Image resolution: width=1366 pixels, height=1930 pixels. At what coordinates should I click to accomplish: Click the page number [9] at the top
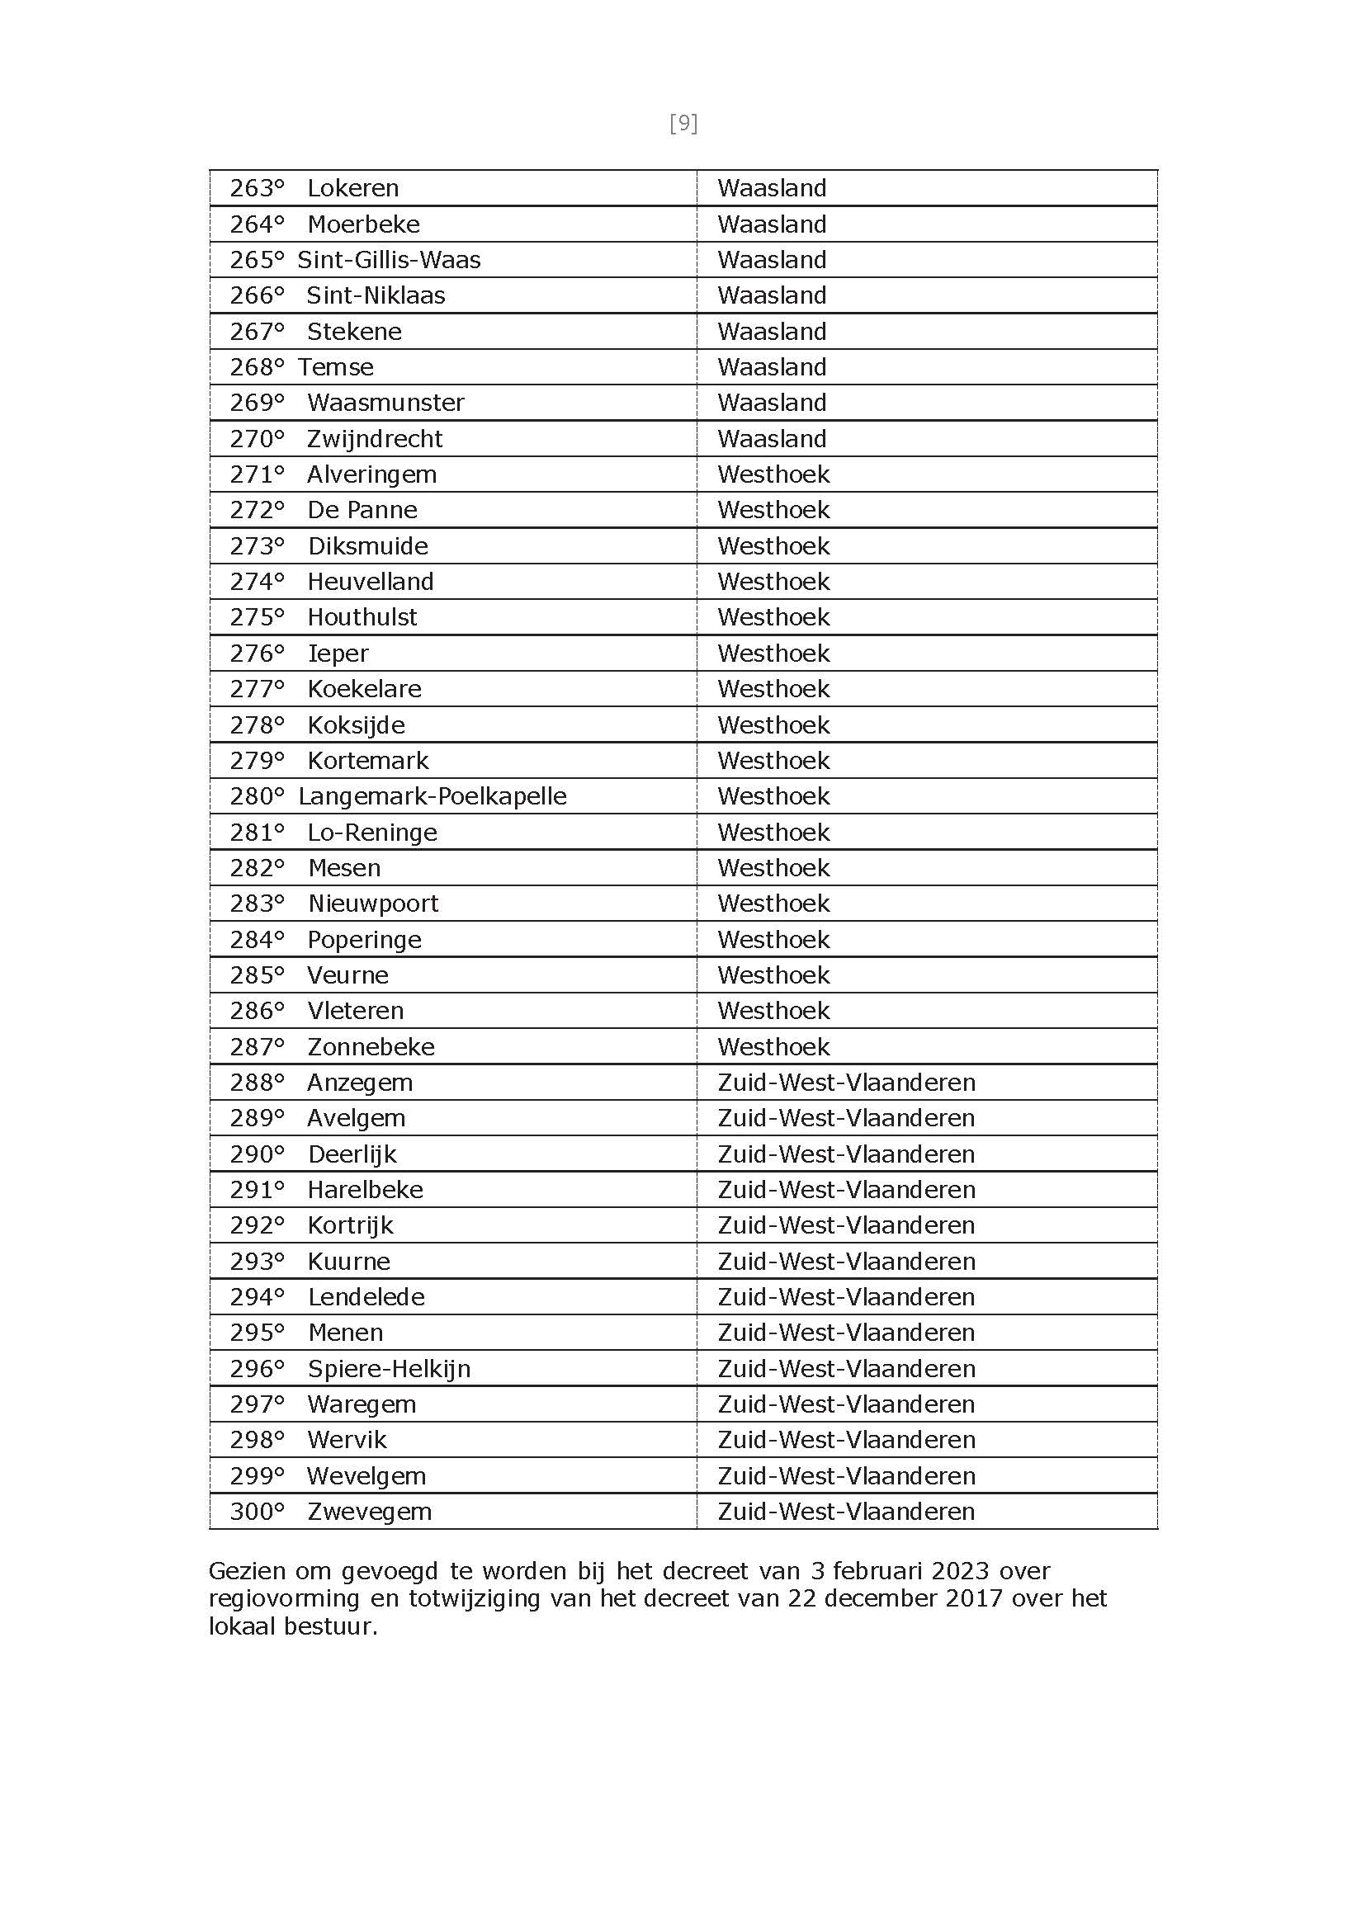(683, 124)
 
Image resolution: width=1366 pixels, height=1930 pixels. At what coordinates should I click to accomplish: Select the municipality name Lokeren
(352, 187)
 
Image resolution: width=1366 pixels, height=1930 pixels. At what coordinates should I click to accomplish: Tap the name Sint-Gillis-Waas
(389, 260)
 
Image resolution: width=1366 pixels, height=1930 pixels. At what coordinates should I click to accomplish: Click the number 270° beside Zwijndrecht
(257, 439)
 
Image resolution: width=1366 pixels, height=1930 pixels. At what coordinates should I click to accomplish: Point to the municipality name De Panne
(362, 510)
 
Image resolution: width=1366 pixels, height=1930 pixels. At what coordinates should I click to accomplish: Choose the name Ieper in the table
(338, 654)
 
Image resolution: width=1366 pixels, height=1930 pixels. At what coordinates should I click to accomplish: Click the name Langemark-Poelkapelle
(432, 796)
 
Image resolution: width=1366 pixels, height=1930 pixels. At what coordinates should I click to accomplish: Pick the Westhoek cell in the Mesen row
(773, 868)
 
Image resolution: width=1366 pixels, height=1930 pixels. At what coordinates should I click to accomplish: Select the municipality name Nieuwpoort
(372, 904)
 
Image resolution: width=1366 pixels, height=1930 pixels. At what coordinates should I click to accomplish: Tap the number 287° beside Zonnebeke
(257, 1047)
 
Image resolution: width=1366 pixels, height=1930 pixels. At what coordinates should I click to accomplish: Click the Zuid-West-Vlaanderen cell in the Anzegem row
(846, 1083)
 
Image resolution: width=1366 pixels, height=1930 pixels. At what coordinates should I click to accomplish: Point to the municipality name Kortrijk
(350, 1225)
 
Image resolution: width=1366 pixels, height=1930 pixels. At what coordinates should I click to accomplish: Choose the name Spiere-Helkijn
(389, 1369)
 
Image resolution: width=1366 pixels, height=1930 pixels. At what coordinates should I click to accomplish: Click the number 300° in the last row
(257, 1512)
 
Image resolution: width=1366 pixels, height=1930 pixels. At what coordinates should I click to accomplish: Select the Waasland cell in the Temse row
(772, 367)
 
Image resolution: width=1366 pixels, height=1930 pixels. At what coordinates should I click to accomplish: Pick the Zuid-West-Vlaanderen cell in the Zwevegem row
(846, 1512)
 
